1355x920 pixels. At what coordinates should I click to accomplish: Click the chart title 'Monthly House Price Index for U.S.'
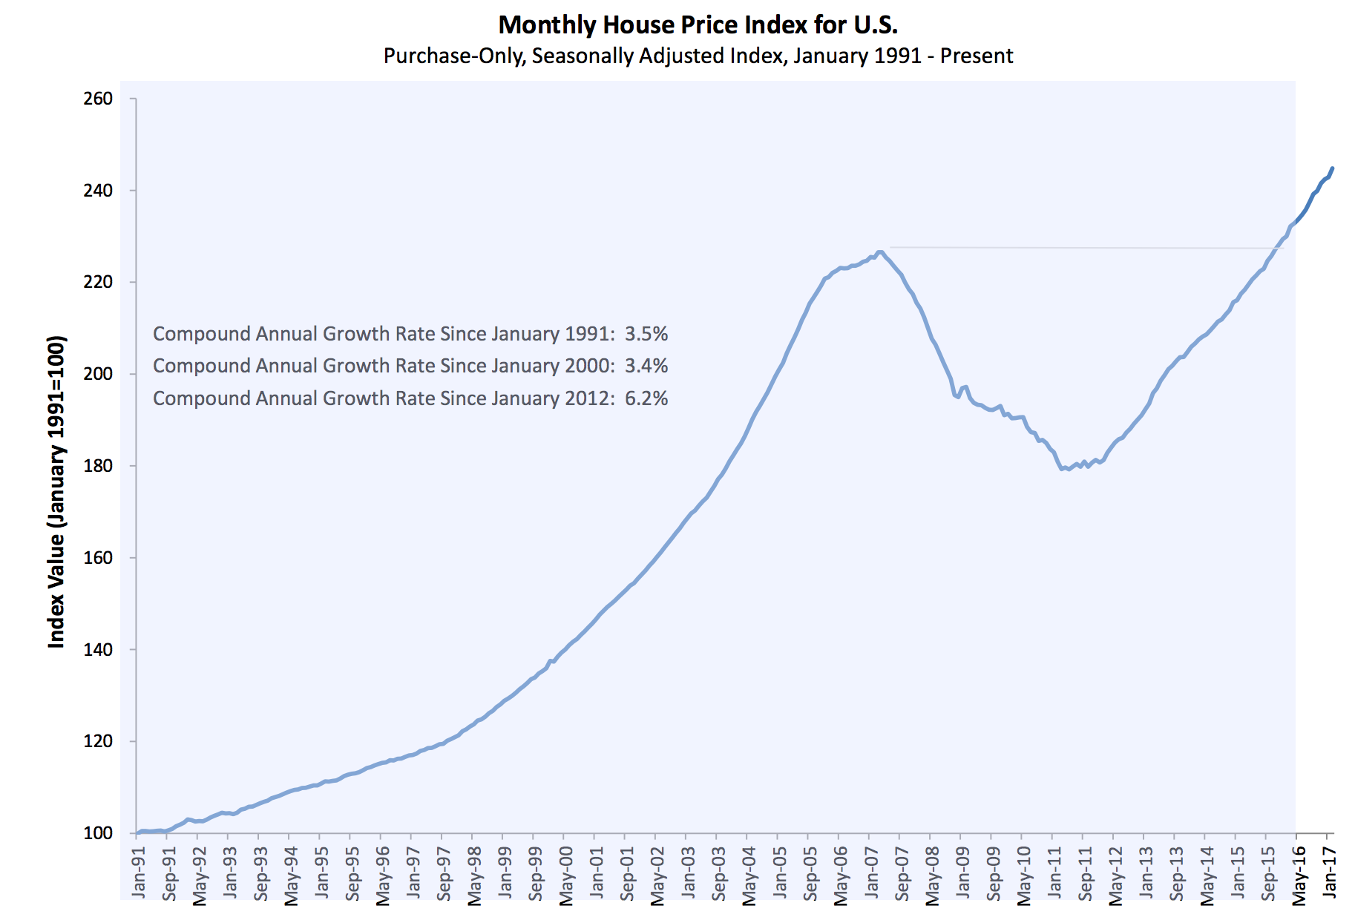pyautogui.click(x=698, y=24)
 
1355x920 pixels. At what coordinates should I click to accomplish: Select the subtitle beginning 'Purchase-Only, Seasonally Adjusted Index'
pyautogui.click(x=698, y=56)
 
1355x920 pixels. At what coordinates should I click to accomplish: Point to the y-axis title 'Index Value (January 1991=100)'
pyautogui.click(x=56, y=492)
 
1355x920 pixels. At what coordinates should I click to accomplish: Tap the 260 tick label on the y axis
pyautogui.click(x=98, y=99)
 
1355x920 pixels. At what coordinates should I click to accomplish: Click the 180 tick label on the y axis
pyautogui.click(x=98, y=466)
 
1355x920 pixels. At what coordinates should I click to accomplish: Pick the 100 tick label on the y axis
pyautogui.click(x=98, y=833)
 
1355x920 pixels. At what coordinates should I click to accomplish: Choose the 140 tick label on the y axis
pyautogui.click(x=98, y=649)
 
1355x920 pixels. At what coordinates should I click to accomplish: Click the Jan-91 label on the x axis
pyautogui.click(x=139, y=873)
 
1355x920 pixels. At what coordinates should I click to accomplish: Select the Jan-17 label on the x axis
pyautogui.click(x=1329, y=873)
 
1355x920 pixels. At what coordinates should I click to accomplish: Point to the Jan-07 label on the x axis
pyautogui.click(x=871, y=873)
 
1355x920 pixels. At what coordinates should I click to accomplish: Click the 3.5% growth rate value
pyautogui.click(x=646, y=334)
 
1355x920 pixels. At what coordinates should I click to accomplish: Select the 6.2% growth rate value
pyautogui.click(x=646, y=398)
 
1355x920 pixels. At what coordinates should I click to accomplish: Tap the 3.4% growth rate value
pyautogui.click(x=646, y=366)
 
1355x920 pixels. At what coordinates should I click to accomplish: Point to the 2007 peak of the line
pyautogui.click(x=880, y=252)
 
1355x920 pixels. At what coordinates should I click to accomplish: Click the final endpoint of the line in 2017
pyautogui.click(x=1333, y=168)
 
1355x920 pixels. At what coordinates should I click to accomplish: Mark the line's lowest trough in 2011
pyautogui.click(x=1062, y=469)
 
